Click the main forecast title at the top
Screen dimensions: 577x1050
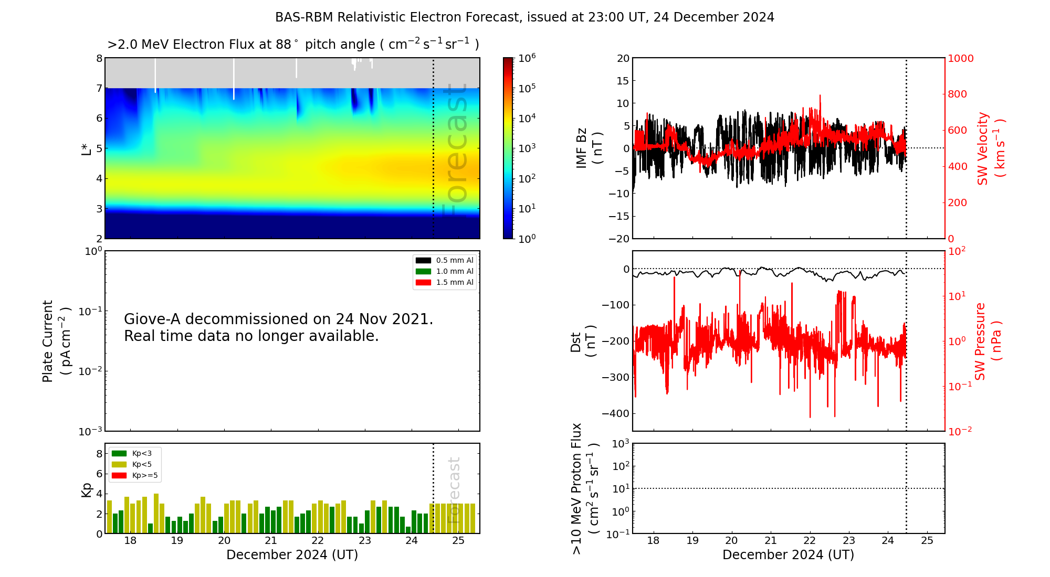point(524,17)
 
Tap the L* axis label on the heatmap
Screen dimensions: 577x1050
point(87,148)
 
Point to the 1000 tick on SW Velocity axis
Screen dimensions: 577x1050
point(960,58)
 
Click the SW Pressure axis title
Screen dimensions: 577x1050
point(988,341)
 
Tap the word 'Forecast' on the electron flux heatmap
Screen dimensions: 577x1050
point(455,150)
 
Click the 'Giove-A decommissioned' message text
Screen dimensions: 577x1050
point(278,327)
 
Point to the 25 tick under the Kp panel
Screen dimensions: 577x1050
point(458,541)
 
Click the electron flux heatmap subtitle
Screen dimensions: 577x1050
point(293,45)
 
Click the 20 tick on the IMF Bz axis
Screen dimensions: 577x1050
point(623,58)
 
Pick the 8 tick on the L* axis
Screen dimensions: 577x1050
point(99,58)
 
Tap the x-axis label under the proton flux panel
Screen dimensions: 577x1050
point(788,555)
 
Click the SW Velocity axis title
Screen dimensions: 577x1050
point(990,148)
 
